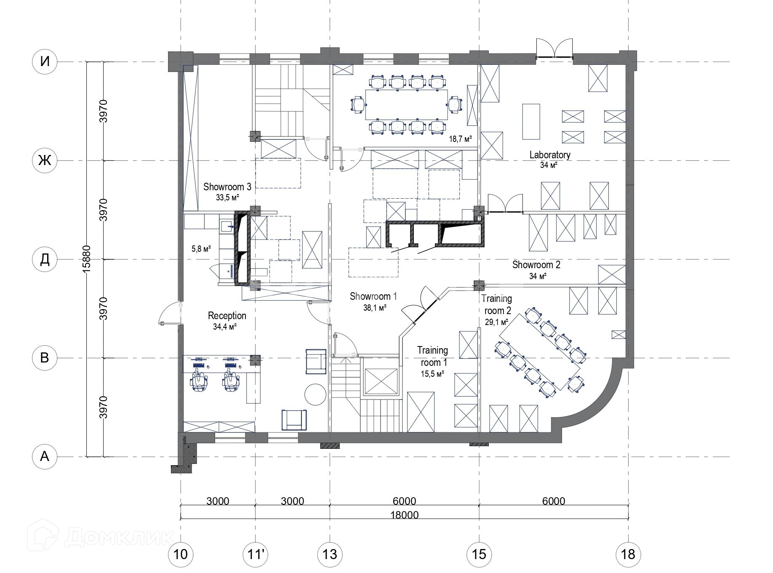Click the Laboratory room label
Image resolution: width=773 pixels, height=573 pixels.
(x=550, y=155)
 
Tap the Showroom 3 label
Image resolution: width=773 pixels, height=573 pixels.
(x=227, y=187)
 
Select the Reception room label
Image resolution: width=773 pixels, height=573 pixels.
(x=227, y=316)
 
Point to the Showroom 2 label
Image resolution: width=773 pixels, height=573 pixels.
(x=536, y=265)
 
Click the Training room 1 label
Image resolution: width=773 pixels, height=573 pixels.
(x=432, y=356)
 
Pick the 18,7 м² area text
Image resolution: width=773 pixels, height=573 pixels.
(x=460, y=139)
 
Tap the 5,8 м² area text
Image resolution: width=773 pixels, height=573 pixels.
(x=201, y=249)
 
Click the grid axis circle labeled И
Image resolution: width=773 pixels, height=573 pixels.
(x=45, y=62)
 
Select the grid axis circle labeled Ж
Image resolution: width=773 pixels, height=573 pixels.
(x=45, y=160)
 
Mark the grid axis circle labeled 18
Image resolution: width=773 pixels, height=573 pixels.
(x=628, y=554)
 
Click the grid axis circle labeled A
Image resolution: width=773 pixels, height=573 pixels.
(x=45, y=456)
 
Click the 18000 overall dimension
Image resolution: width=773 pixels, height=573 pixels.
(x=404, y=515)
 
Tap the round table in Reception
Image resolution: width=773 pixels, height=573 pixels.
(x=315, y=394)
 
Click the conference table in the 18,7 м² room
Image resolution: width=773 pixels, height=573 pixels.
(x=407, y=104)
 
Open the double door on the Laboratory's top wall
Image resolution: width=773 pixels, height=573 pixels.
(x=554, y=48)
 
